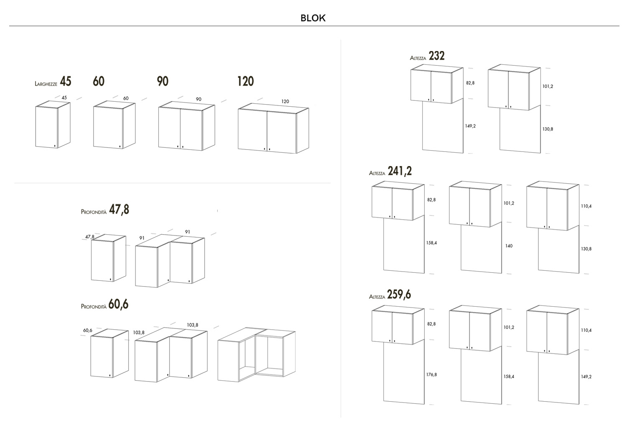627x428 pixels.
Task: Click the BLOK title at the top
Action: click(x=313, y=18)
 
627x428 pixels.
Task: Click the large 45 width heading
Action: click(x=66, y=81)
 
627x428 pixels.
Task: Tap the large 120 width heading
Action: click(x=245, y=81)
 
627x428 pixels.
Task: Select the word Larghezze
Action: click(x=46, y=84)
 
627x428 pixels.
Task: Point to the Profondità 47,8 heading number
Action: click(x=119, y=209)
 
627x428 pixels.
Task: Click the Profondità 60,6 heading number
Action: click(x=118, y=304)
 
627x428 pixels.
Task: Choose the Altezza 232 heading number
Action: click(x=436, y=56)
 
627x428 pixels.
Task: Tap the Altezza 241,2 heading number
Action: click(x=400, y=171)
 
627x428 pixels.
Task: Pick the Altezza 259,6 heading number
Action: click(x=399, y=295)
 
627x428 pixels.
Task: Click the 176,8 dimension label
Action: click(x=431, y=374)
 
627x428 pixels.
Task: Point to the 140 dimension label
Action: click(x=509, y=246)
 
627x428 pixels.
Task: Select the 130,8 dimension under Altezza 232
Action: click(x=548, y=129)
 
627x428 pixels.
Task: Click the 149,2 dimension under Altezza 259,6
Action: click(x=586, y=377)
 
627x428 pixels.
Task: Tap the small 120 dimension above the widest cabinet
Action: click(x=285, y=102)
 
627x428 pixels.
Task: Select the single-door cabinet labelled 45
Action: click(x=52, y=126)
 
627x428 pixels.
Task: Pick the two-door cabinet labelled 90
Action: click(x=186, y=127)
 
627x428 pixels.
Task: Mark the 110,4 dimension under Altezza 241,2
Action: click(x=586, y=206)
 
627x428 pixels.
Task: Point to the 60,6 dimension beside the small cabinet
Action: click(x=87, y=331)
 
